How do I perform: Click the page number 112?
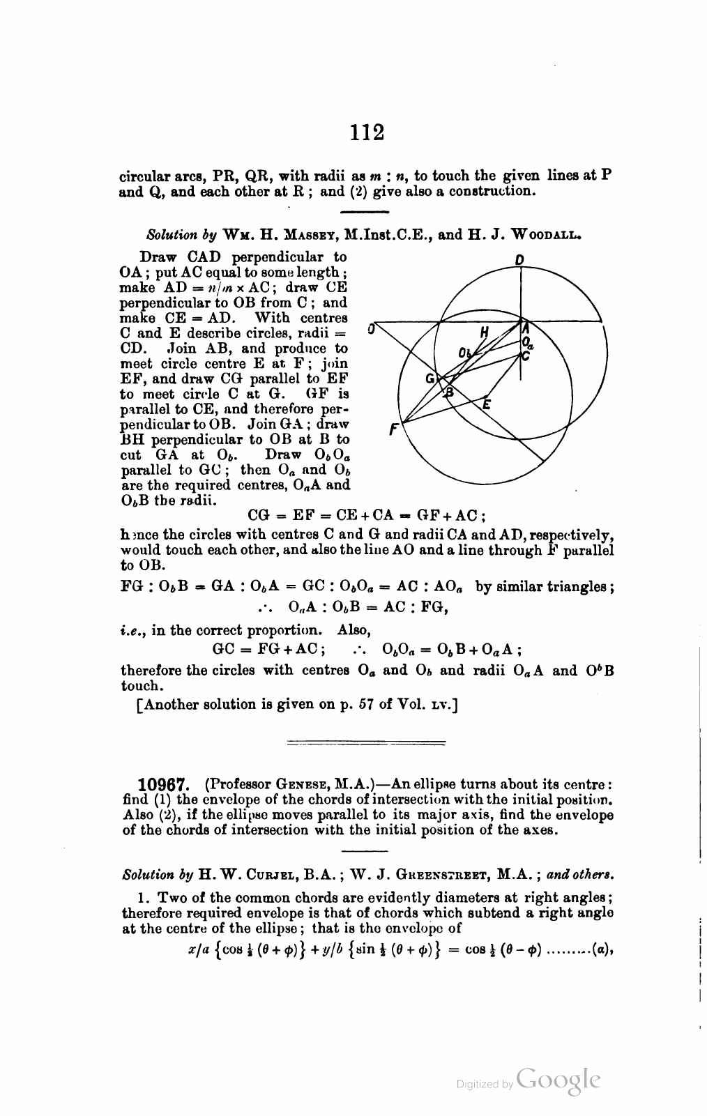point(367,132)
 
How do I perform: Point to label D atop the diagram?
point(519,259)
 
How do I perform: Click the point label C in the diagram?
point(526,356)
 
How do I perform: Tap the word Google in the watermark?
point(560,1079)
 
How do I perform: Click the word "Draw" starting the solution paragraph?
point(158,257)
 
